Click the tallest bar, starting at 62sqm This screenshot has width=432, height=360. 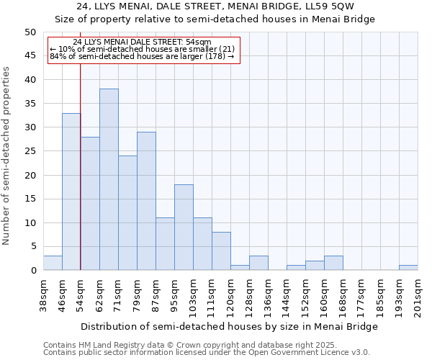[109, 179]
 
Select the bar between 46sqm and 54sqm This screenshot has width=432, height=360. [71, 192]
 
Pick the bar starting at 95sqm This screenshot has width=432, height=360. [184, 228]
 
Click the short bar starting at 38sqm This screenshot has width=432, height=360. [53, 264]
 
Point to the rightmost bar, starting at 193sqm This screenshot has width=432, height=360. [408, 268]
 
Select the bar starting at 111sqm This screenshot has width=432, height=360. [221, 251]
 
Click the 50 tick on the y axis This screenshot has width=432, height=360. [30, 32]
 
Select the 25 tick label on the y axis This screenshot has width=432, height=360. [30, 151]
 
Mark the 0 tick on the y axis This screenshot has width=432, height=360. [33, 271]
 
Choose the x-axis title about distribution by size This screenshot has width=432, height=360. [229, 326]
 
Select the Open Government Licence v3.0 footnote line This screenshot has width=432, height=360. [207, 353]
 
